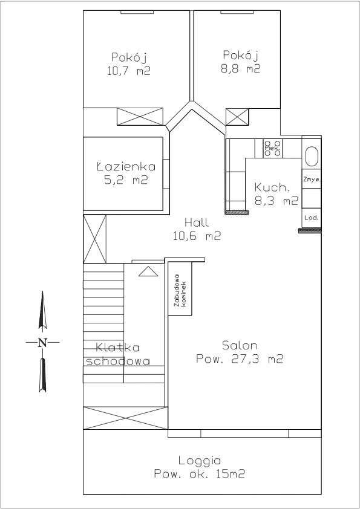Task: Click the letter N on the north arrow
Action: (x=42, y=343)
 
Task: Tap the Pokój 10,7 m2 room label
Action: (x=129, y=63)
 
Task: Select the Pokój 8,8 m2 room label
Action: (x=240, y=62)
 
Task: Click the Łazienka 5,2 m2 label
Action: (x=126, y=173)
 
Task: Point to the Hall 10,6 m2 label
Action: (x=197, y=230)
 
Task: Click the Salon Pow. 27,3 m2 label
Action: (x=240, y=352)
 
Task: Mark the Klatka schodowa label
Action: (x=117, y=355)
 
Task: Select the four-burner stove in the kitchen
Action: (x=272, y=148)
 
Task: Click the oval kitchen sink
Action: (x=311, y=156)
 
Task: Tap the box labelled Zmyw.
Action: (x=311, y=180)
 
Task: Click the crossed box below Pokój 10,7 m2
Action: (x=140, y=116)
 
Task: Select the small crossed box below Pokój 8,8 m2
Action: (x=237, y=116)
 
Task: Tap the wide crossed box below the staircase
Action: (x=125, y=418)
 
